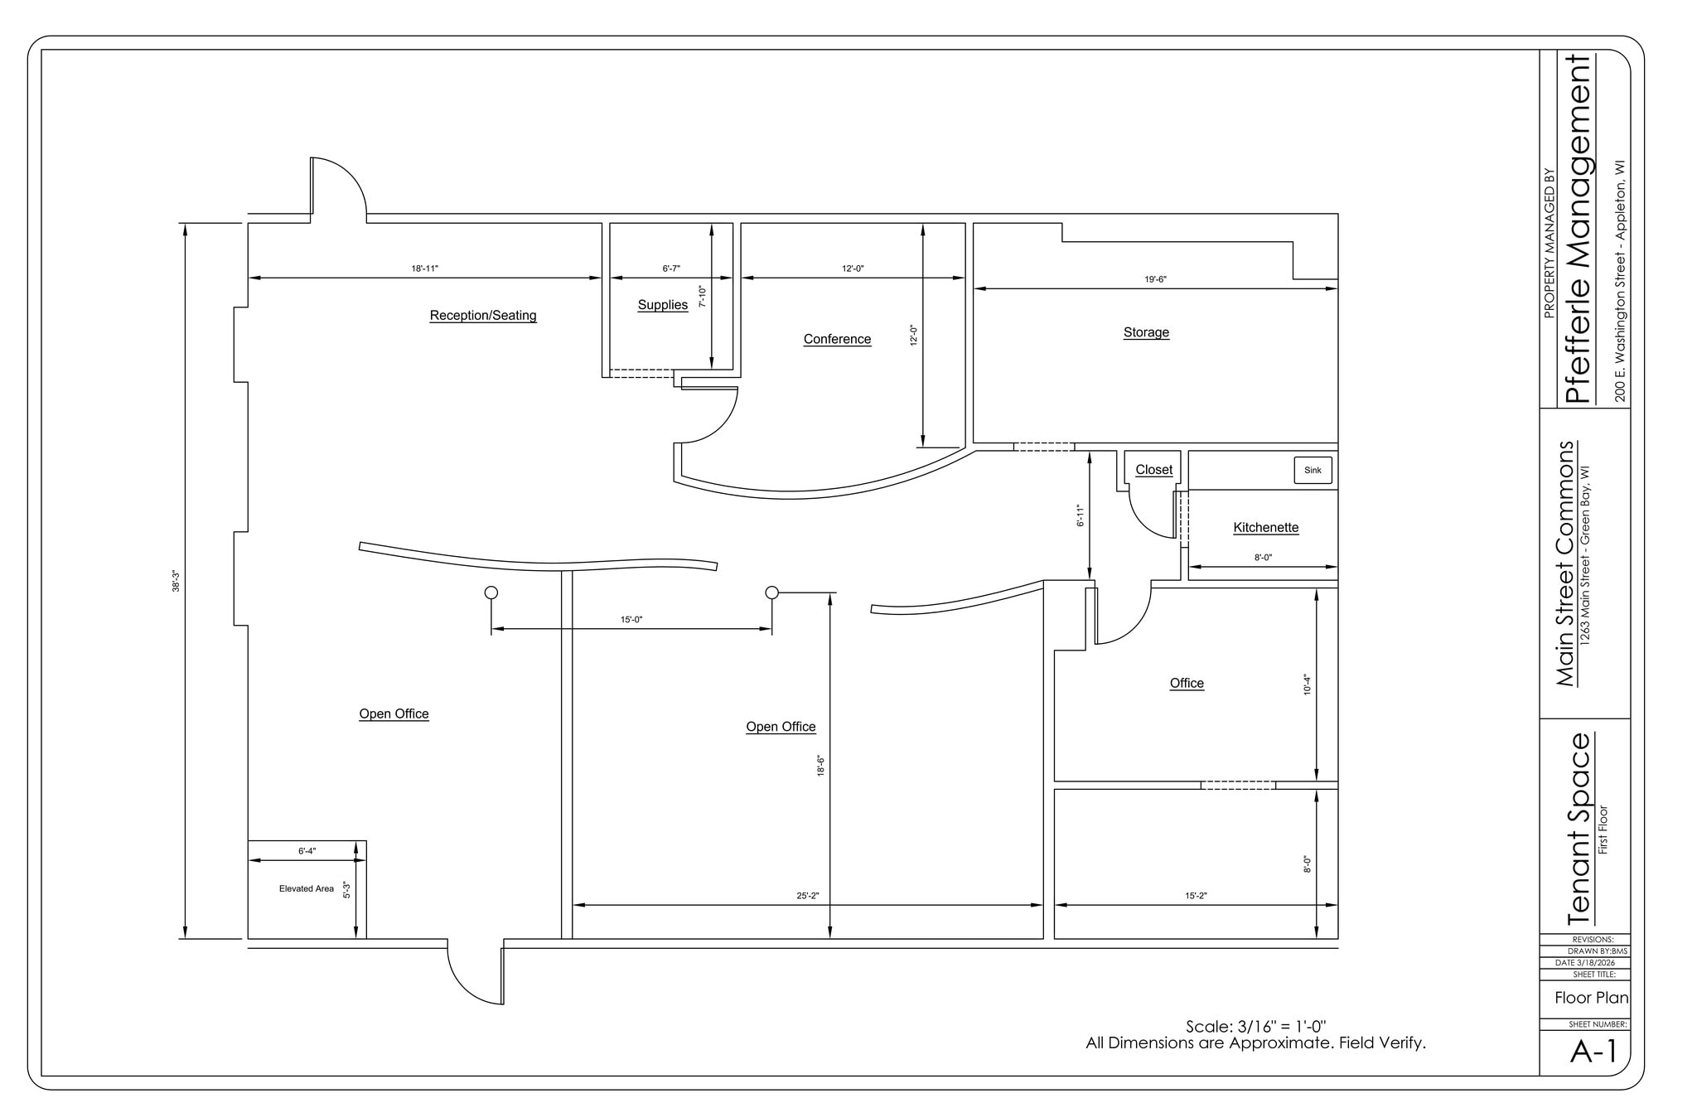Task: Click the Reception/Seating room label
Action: tap(482, 315)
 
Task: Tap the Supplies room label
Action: tap(662, 304)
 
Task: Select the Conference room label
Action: tap(837, 338)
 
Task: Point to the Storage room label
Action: tap(1146, 331)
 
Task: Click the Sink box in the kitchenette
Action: tap(1313, 470)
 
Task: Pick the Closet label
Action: tap(1153, 469)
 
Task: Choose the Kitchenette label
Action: tap(1265, 527)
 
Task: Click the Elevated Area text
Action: tap(306, 888)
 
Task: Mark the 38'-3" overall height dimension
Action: tap(176, 581)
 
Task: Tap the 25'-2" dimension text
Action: tap(807, 895)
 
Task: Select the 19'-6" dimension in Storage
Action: tap(1155, 279)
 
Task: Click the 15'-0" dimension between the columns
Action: tap(631, 619)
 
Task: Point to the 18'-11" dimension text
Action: tap(424, 268)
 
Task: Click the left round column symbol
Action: tap(491, 592)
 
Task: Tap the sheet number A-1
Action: tap(1593, 1052)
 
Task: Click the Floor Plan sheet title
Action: tap(1590, 997)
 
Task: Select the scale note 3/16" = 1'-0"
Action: tap(1255, 1026)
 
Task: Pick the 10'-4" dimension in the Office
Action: tap(1307, 684)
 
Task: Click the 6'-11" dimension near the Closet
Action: tap(1080, 515)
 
